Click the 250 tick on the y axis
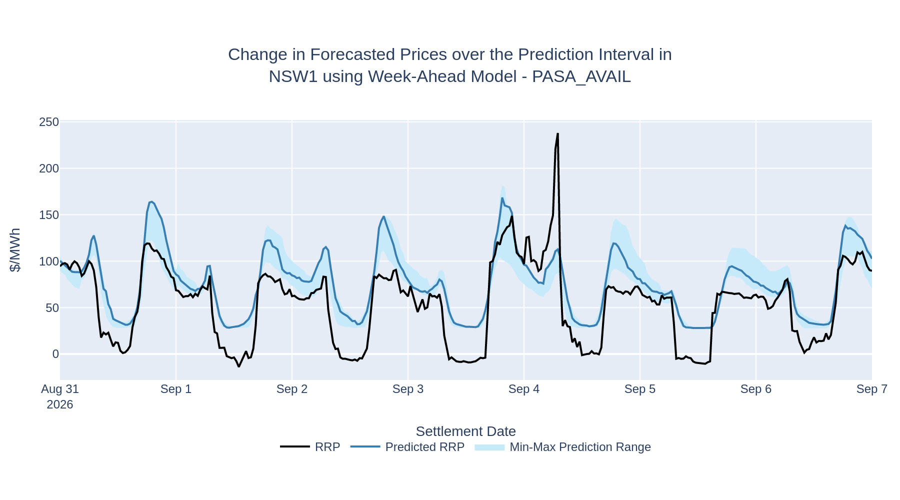(x=49, y=122)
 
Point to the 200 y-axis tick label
(x=49, y=169)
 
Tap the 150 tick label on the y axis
(x=49, y=215)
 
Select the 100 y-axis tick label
(x=49, y=261)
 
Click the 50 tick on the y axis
(x=52, y=308)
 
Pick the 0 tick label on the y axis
(x=55, y=354)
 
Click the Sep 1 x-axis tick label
(x=176, y=389)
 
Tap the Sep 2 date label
(x=292, y=389)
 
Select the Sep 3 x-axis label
(x=408, y=389)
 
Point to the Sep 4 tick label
(x=524, y=389)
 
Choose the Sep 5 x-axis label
(x=640, y=389)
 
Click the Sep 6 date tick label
(x=756, y=389)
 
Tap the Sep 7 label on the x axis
(x=872, y=389)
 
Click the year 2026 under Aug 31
(x=60, y=404)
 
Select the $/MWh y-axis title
(x=15, y=250)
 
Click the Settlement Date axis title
(x=465, y=431)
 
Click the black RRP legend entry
(x=310, y=447)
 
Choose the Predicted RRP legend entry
(x=407, y=447)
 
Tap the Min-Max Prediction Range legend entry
(x=563, y=447)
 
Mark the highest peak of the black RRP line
(x=557, y=133)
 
